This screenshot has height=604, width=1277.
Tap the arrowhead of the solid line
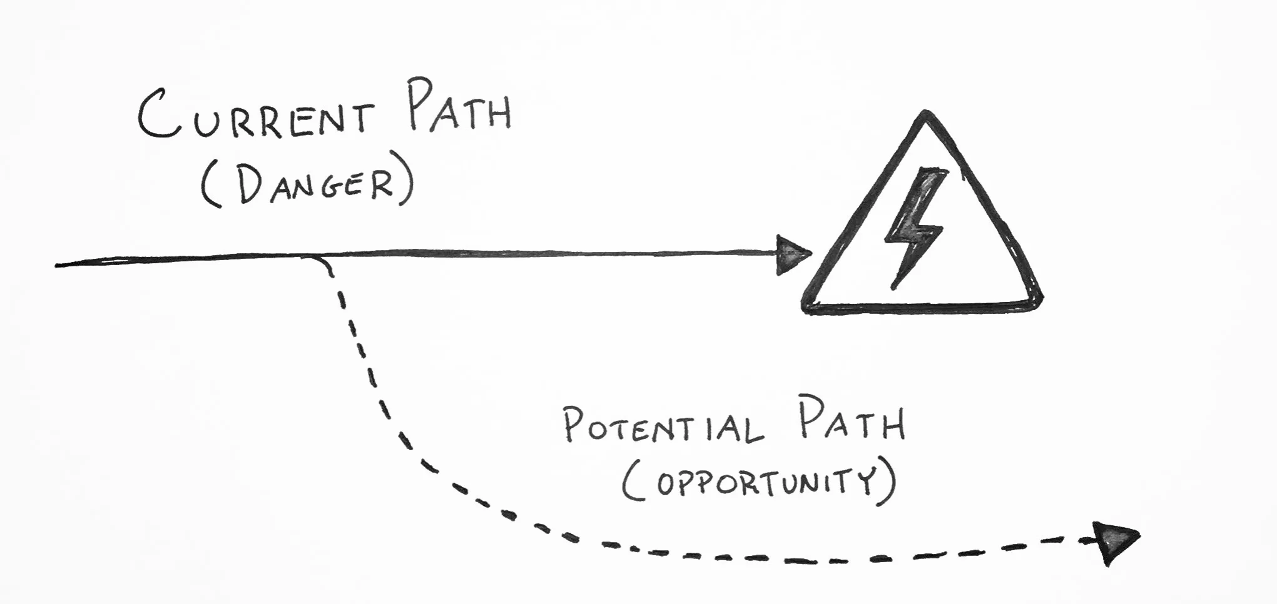point(792,254)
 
